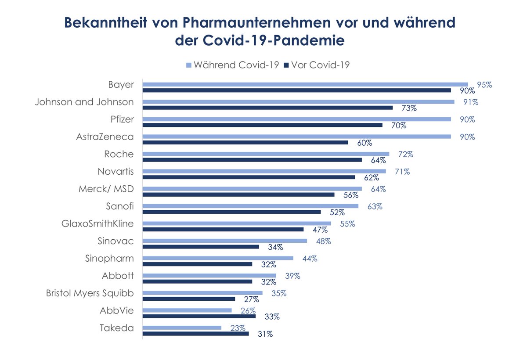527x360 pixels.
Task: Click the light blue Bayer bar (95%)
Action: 305,84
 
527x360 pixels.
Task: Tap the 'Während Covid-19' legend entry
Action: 233,65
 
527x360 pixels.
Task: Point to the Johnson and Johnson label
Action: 84,102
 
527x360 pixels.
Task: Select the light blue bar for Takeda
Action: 182,328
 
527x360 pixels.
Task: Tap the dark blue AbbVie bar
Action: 199,316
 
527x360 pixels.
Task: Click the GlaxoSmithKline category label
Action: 97,223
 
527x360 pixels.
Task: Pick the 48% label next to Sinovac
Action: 323,241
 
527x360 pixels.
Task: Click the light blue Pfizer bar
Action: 296,119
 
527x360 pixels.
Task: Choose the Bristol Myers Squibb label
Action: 90,293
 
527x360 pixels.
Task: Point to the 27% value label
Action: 251,299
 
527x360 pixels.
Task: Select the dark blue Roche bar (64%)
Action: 252,160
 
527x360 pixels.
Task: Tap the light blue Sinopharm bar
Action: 218,258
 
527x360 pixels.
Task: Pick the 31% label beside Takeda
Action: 264,334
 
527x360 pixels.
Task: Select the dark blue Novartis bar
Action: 249,177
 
